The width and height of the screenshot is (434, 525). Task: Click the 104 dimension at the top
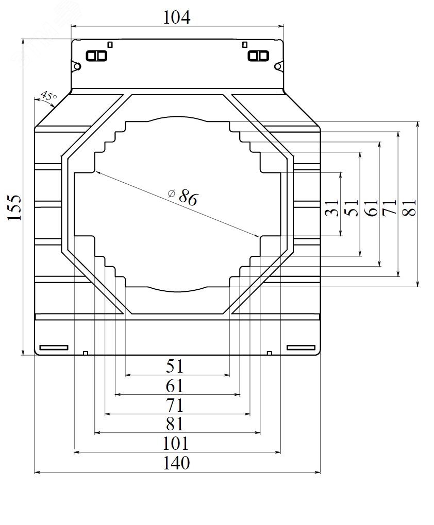pyautogui.click(x=177, y=17)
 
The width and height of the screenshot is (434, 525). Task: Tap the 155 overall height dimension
pyautogui.click(x=15, y=207)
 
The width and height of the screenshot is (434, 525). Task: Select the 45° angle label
pyautogui.click(x=48, y=96)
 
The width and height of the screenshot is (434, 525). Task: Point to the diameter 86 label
pyautogui.click(x=183, y=196)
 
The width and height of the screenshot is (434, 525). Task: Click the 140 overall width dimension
pyautogui.click(x=176, y=463)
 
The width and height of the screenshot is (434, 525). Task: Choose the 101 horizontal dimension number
pyautogui.click(x=175, y=444)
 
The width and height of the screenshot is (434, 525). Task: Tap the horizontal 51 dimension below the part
pyautogui.click(x=175, y=366)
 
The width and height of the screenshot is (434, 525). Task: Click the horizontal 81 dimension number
pyautogui.click(x=175, y=424)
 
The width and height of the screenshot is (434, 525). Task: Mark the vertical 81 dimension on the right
pyautogui.click(x=409, y=207)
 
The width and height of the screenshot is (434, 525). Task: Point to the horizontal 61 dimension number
pyautogui.click(x=175, y=386)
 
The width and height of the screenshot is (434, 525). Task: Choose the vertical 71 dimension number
pyautogui.click(x=389, y=207)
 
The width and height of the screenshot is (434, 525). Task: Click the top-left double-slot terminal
pyautogui.click(x=96, y=56)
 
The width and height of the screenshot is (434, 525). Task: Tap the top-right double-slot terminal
pyautogui.click(x=258, y=56)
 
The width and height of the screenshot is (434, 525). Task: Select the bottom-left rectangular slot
pyautogui.click(x=54, y=347)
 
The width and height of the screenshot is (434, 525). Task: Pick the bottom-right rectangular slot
pyautogui.click(x=301, y=347)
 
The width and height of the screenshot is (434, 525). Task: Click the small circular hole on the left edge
pyautogui.click(x=77, y=66)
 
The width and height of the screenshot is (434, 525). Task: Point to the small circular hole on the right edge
pyautogui.click(x=278, y=66)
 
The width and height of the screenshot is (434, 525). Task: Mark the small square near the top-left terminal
pyautogui.click(x=110, y=45)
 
